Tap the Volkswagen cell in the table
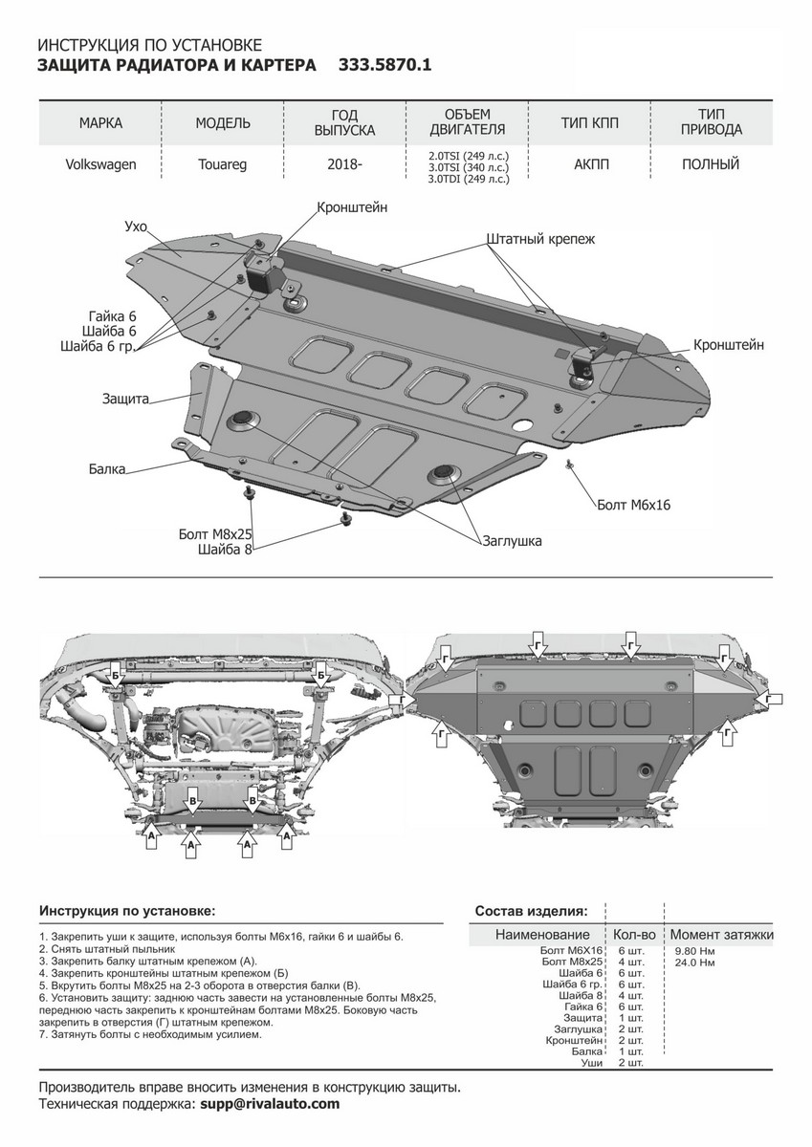[x=100, y=164]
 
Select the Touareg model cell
[x=223, y=164]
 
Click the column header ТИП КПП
[x=587, y=123]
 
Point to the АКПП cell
[x=591, y=164]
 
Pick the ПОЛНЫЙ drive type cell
[x=710, y=164]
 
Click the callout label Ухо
[x=136, y=226]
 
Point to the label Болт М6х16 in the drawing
[x=632, y=504]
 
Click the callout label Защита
[x=125, y=399]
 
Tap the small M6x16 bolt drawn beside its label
[x=569, y=465]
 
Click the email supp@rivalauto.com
[x=269, y=1104]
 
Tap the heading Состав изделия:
[x=531, y=910]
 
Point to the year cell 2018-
[x=345, y=164]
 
